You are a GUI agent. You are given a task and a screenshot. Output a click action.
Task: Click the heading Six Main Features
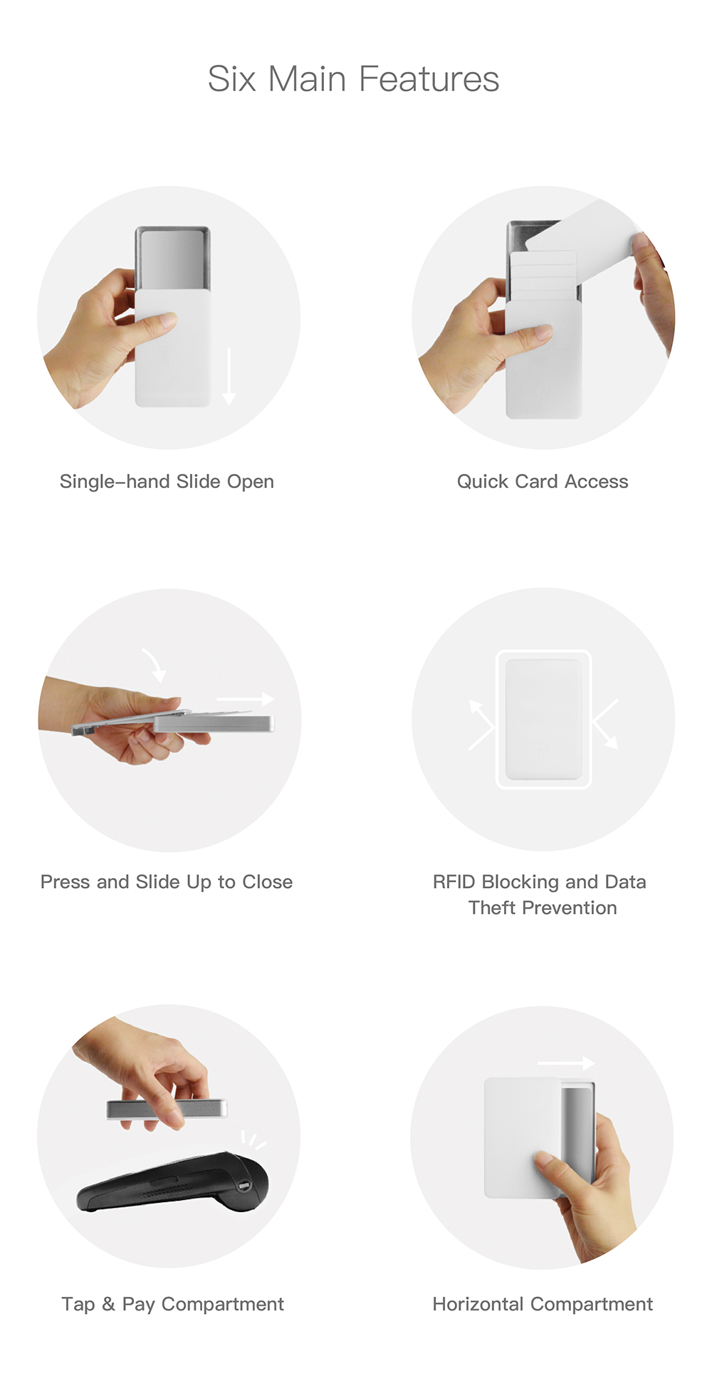pos(353,78)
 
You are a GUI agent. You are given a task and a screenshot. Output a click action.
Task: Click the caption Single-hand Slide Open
pos(167,482)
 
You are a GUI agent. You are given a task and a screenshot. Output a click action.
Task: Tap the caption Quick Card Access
pos(543,482)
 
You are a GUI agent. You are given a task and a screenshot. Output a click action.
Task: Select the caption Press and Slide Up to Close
pos(167,882)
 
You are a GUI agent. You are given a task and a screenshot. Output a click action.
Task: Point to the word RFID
pos(454,882)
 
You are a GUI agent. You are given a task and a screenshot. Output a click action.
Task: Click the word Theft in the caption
pos(492,908)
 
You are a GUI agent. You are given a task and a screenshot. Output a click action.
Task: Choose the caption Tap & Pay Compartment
pos(172,1304)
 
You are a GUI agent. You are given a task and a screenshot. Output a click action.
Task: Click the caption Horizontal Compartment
pos(543,1304)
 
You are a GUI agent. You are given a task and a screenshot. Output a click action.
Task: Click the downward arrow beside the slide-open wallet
pos(229,376)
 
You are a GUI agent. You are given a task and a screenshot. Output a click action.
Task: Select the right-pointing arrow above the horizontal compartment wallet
pos(566,1063)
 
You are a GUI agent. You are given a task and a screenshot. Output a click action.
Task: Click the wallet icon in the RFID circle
pos(543,719)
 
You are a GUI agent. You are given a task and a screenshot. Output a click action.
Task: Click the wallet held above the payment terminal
pos(167,1109)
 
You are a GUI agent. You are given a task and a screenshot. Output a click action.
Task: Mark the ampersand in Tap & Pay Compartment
pos(108,1304)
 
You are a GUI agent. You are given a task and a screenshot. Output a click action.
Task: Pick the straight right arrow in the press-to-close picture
pos(246,699)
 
